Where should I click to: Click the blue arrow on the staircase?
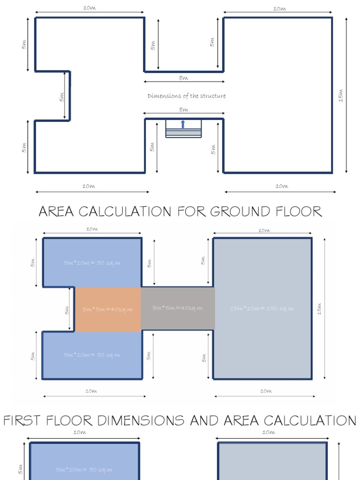pos(183,124)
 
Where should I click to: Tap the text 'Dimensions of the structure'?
pos(187,96)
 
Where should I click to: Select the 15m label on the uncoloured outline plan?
pos(341,95)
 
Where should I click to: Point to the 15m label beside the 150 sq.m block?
pos(320,309)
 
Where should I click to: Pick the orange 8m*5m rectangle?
pos(108,309)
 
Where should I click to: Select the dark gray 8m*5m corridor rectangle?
pos(178,308)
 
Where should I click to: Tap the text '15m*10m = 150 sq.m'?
pos(262,308)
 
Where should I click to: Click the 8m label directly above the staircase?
pos(183,110)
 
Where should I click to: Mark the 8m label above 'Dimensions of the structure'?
pos(183,78)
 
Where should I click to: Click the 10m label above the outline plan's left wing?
pos(89,8)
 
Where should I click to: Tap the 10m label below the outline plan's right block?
pos(281,186)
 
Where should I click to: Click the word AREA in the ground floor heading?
pos(57,212)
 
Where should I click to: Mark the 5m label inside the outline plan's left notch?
pos(61,97)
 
